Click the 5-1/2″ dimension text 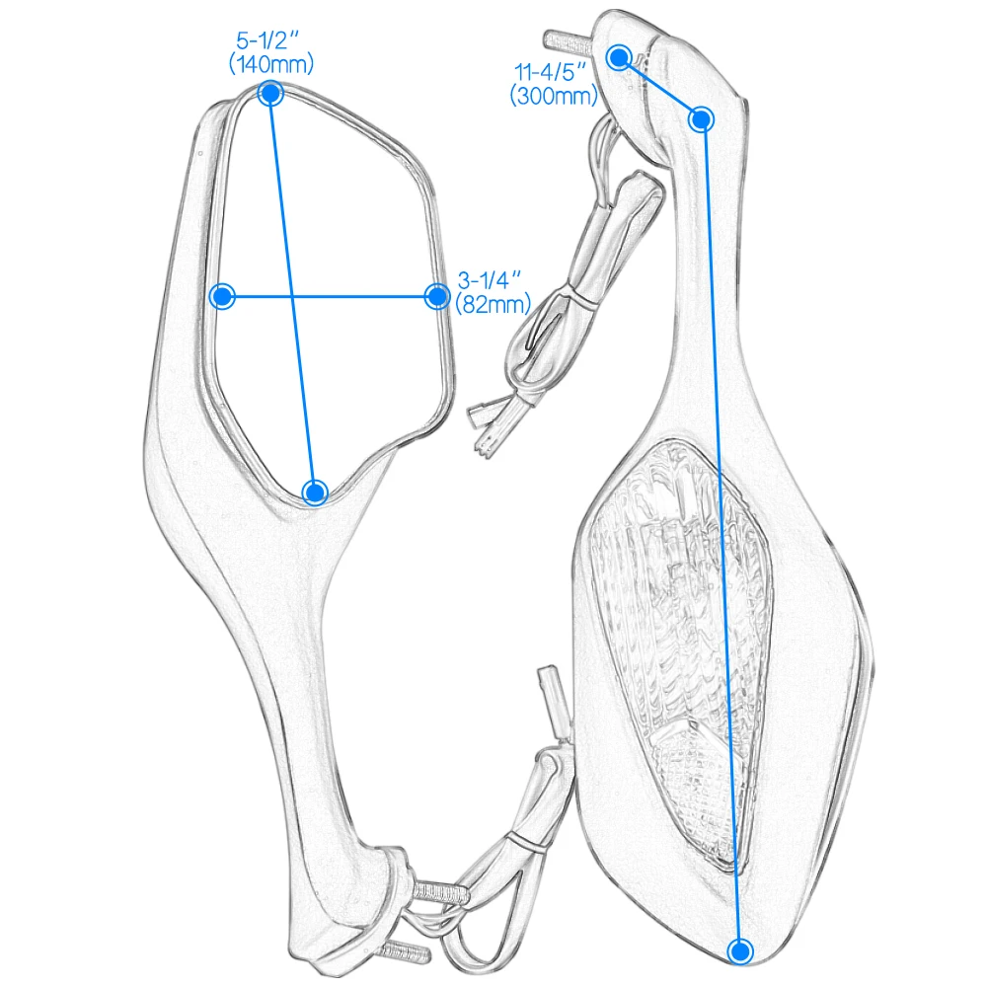266,40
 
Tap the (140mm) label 271,63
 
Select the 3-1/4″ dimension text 490,280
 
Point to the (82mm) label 493,304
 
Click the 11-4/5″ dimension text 550,72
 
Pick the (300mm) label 554,96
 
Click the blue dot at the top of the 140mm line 270,94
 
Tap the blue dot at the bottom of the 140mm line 315,493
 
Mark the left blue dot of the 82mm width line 222,296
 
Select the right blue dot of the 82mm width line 437,296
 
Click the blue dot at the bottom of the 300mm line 740,951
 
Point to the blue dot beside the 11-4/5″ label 620,58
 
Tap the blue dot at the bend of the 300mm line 701,119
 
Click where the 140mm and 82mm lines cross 293,296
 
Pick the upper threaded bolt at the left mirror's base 439,892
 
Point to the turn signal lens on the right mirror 681,648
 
